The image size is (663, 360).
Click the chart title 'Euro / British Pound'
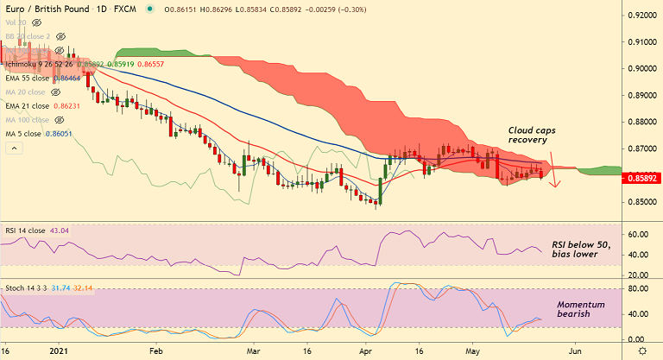[x=48, y=7]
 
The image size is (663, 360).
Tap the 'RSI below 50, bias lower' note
[x=581, y=249]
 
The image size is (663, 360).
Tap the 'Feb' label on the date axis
[x=155, y=351]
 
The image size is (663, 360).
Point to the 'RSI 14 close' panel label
[x=23, y=231]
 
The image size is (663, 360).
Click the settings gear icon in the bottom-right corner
[x=642, y=351]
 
